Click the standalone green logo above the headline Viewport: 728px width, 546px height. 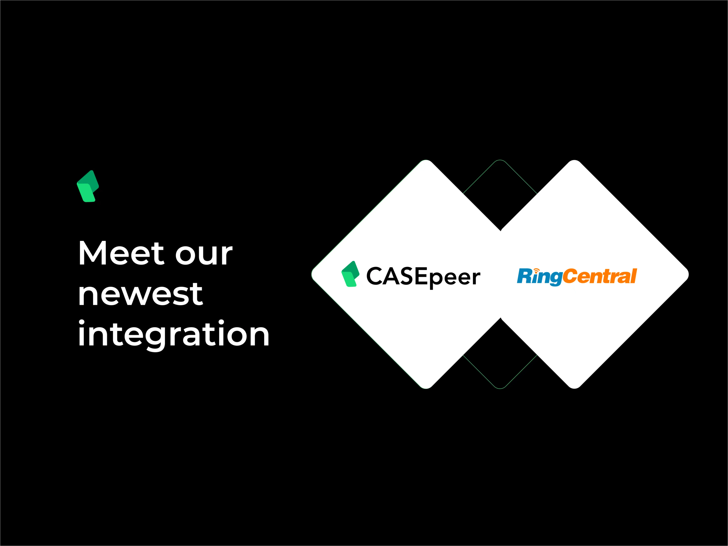coord(88,186)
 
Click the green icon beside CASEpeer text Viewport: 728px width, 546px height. coord(350,274)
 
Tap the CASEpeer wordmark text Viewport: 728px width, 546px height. coord(423,277)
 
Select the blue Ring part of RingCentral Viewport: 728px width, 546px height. coord(539,276)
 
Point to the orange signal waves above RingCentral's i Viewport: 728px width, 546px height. coord(537,270)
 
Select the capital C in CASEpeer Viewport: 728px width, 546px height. coord(374,276)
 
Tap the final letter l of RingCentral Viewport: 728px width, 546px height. coord(634,276)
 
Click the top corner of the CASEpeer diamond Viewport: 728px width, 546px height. coord(426,161)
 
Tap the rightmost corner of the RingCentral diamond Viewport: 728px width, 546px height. coord(687,275)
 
